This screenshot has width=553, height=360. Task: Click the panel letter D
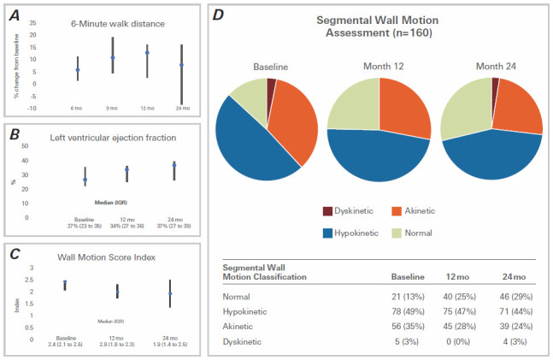click(x=219, y=15)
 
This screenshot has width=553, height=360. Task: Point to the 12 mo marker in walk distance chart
click(x=147, y=53)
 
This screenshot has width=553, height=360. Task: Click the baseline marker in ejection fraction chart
click(x=85, y=180)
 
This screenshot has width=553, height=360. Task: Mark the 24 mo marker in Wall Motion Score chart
click(x=169, y=294)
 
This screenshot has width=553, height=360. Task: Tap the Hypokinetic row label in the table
click(x=248, y=311)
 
